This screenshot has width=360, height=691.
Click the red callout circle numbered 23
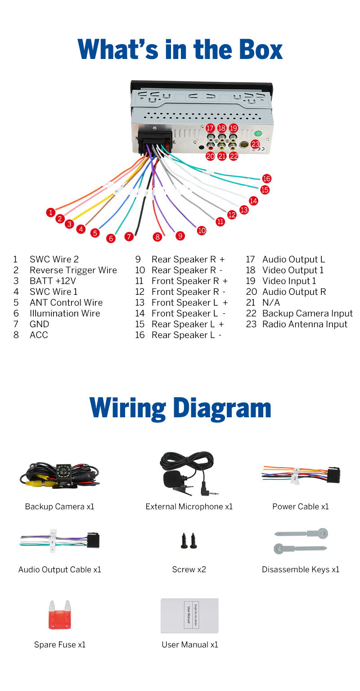click(256, 145)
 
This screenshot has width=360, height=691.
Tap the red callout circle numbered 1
click(51, 212)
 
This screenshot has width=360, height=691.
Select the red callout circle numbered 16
click(267, 179)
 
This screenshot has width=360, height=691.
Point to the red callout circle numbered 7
click(129, 236)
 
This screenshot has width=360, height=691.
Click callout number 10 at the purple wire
click(202, 230)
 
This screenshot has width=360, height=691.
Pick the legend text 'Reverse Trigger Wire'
click(73, 270)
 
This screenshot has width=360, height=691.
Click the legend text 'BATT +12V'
click(53, 281)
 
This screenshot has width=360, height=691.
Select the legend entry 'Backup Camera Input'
click(307, 313)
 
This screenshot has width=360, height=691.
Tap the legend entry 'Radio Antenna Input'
click(305, 324)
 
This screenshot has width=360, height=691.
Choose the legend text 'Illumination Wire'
click(65, 313)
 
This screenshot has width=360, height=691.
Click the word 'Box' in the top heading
click(255, 50)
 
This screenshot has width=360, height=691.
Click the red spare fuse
click(60, 615)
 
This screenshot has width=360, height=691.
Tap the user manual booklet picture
click(189, 615)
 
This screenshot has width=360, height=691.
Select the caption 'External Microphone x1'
click(189, 506)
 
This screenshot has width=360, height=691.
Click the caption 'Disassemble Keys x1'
click(301, 569)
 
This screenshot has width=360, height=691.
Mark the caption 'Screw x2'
click(189, 569)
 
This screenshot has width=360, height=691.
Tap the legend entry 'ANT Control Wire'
click(66, 303)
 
